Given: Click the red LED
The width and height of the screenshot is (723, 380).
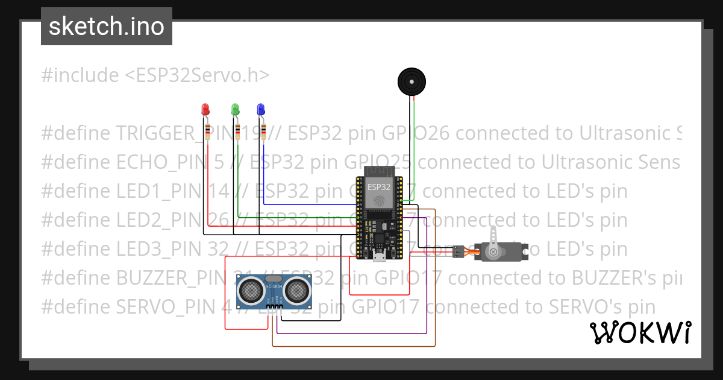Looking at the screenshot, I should click(205, 110).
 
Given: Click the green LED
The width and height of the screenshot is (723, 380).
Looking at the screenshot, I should click(235, 110).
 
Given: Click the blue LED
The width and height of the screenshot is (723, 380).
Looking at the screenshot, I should click(261, 110).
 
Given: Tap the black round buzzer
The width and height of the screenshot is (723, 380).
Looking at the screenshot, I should click(412, 81).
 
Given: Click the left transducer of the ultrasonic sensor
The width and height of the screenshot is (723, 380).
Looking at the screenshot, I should click(249, 291).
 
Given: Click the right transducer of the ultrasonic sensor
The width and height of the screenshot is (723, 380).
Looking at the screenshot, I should click(296, 291).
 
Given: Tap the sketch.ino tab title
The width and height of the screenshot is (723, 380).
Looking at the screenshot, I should click(107, 27).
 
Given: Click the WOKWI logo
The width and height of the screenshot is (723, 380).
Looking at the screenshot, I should click(640, 332).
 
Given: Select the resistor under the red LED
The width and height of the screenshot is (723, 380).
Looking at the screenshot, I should click(208, 131).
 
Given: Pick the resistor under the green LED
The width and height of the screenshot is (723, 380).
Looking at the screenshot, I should click(237, 131).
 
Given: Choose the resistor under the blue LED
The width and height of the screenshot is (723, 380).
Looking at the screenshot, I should click(263, 131).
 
